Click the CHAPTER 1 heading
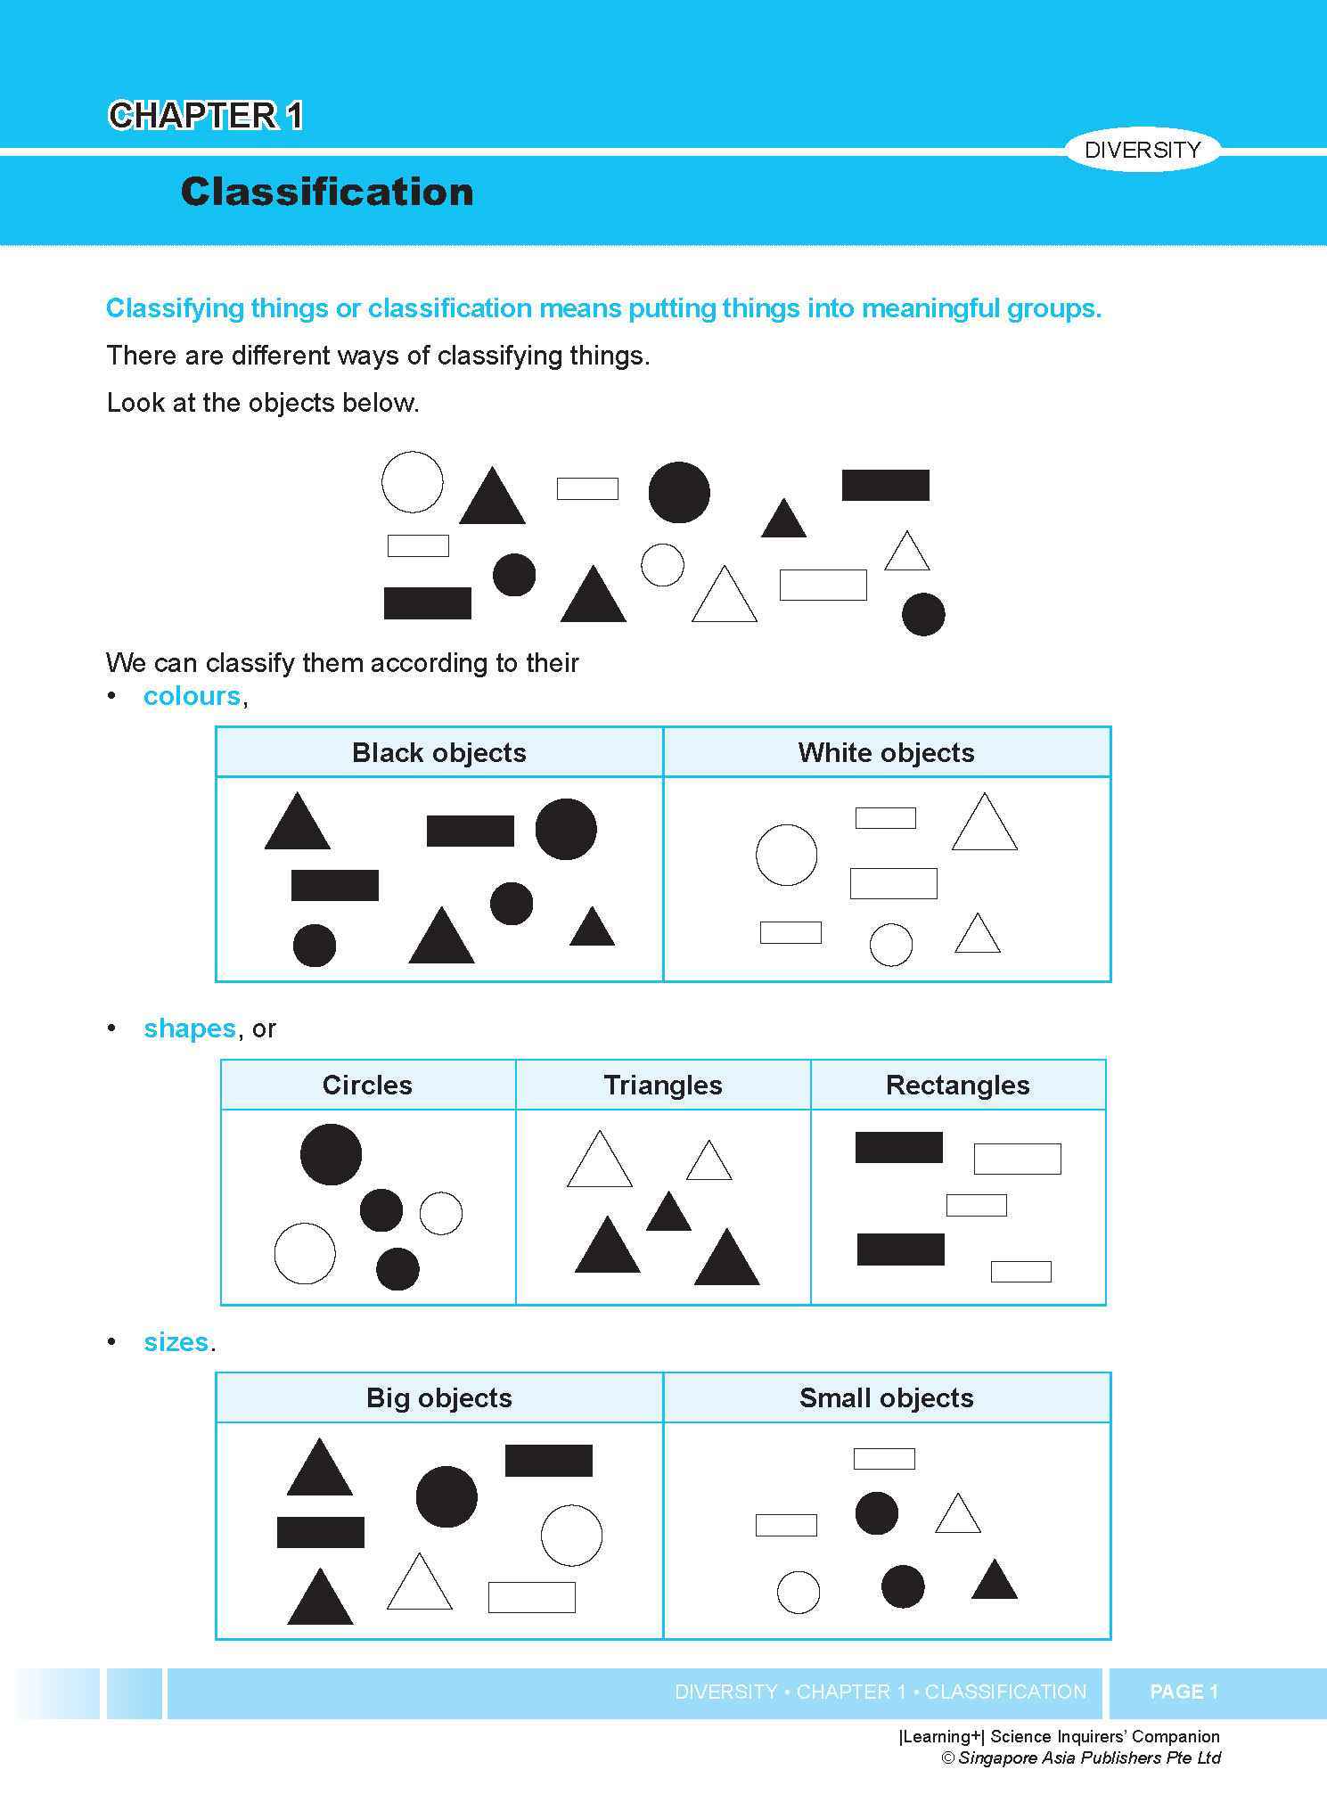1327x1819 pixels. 205,116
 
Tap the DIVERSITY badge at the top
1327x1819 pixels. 1142,150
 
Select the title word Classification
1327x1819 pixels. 326,193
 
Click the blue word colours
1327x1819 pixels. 192,696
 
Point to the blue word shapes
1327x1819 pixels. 189,1028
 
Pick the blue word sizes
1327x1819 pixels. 176,1342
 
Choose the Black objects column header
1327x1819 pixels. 438,753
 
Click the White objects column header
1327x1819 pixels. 886,753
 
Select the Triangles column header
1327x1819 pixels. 663,1086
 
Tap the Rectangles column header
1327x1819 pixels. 957,1086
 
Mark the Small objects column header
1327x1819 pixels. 886,1398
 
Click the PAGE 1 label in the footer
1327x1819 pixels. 1184,1692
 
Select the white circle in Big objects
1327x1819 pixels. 571,1536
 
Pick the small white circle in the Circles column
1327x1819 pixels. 440,1214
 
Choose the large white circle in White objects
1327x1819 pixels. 786,856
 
